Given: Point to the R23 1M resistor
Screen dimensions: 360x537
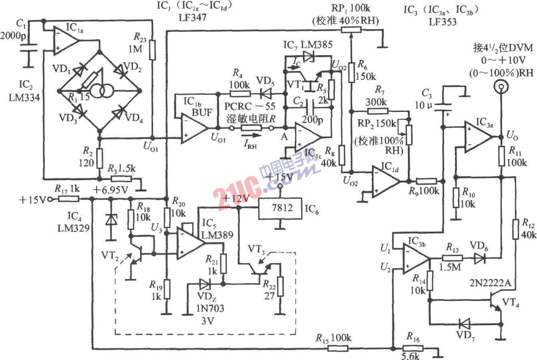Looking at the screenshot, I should tap(152, 50).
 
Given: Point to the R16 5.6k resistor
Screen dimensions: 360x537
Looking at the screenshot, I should tap(413, 349).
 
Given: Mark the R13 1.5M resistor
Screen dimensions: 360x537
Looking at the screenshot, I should tap(453, 259).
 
